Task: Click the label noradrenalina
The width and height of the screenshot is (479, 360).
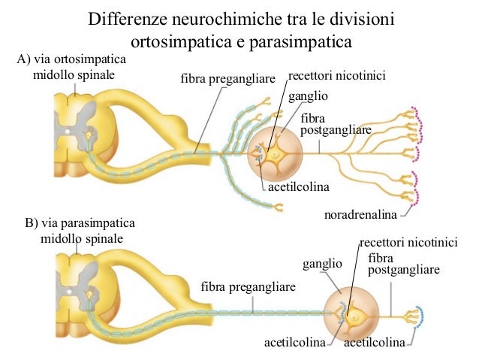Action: (x=360, y=216)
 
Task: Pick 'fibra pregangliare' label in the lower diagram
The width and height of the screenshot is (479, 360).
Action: (x=249, y=287)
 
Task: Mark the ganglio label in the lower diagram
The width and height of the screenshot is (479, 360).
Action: (x=322, y=265)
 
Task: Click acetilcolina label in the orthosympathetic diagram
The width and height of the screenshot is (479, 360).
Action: (x=300, y=186)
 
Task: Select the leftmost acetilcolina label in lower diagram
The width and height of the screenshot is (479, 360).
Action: (x=294, y=343)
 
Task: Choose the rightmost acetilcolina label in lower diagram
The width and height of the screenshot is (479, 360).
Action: (x=374, y=343)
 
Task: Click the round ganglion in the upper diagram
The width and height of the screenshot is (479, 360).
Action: (x=276, y=153)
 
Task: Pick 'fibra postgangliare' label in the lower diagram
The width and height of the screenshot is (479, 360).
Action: (x=404, y=264)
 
